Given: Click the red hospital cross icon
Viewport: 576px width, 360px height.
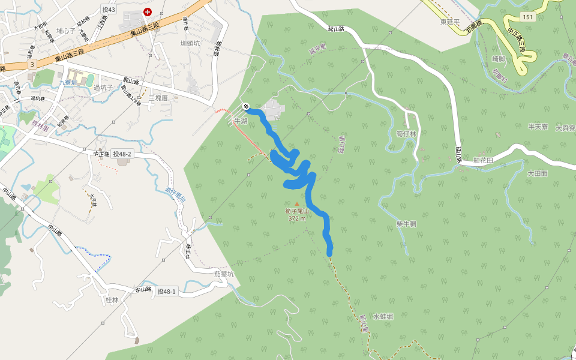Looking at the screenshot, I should (x=148, y=11).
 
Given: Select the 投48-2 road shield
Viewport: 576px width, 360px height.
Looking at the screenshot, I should (x=122, y=154).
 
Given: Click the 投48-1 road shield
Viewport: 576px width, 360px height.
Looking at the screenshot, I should (x=167, y=291).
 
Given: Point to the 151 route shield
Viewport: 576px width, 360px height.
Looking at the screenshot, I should (x=527, y=16).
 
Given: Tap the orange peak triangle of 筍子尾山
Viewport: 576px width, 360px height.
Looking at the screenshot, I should (x=296, y=204).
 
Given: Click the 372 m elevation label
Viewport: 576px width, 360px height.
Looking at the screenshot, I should (x=297, y=219).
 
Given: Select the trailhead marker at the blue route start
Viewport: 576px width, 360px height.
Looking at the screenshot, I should (x=246, y=107).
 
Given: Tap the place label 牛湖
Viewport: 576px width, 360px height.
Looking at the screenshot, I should (x=241, y=121).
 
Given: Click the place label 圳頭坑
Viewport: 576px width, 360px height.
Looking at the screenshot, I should (x=190, y=43).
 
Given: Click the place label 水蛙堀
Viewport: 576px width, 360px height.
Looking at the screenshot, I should (x=383, y=316).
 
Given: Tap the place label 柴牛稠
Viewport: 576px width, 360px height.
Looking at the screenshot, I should (x=406, y=224).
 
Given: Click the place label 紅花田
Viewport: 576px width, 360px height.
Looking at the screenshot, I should (x=483, y=160).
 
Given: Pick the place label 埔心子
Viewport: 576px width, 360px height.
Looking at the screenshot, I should (x=66, y=31).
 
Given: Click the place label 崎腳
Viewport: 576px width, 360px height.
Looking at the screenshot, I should (x=499, y=59).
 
